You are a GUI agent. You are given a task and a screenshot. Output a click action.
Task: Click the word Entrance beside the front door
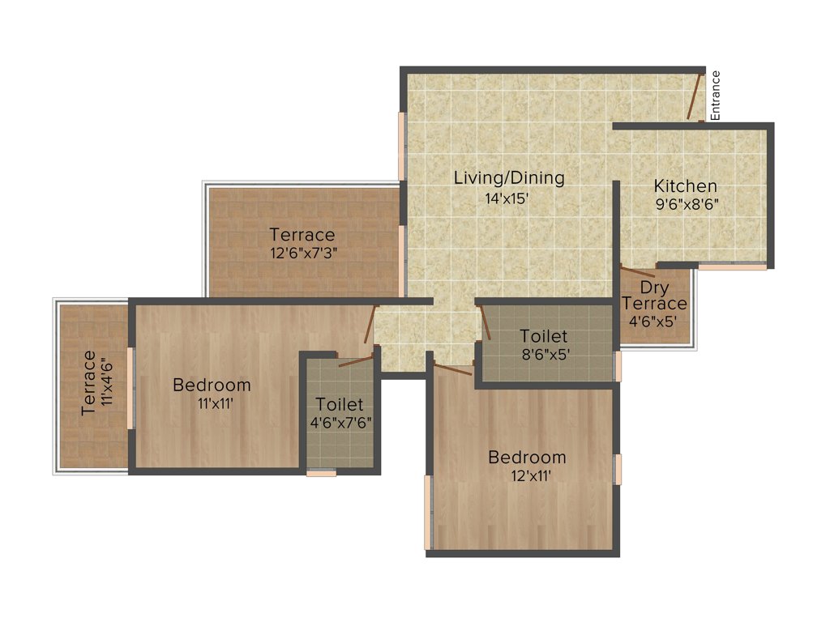(x=716, y=96)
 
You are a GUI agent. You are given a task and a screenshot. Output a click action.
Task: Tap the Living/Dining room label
(x=509, y=177)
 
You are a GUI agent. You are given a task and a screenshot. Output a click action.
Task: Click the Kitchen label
(x=686, y=186)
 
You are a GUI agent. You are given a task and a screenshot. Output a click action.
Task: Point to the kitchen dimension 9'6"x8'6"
(x=687, y=205)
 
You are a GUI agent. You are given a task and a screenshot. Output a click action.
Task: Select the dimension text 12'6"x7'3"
(x=303, y=253)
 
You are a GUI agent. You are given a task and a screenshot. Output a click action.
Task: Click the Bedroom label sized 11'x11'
(x=212, y=385)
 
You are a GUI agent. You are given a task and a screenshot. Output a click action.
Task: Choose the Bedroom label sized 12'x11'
(x=527, y=458)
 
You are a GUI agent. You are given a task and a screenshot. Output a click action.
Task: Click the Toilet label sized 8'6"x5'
(x=543, y=335)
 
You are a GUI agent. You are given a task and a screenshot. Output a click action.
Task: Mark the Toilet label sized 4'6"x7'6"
(x=340, y=404)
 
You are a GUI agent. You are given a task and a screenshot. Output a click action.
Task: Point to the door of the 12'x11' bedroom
(x=452, y=370)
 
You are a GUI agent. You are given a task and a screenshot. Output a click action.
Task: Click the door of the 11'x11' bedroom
(x=370, y=325)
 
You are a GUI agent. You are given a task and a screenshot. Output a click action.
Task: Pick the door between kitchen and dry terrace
(x=638, y=271)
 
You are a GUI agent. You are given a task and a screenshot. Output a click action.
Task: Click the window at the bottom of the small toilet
(x=321, y=473)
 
